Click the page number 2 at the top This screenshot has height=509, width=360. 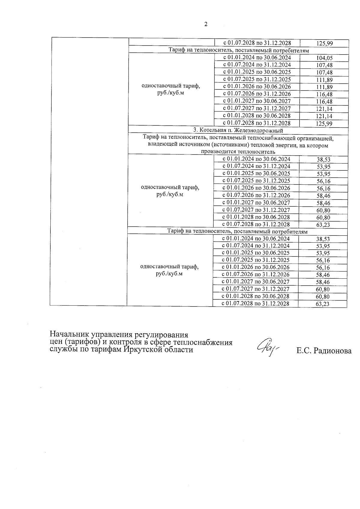pyautogui.click(x=205, y=25)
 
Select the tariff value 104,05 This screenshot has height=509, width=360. pyautogui.click(x=324, y=58)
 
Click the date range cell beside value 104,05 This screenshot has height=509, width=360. pyautogui.click(x=257, y=58)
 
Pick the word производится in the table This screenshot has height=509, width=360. pyautogui.click(x=217, y=152)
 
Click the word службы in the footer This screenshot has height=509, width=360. pyautogui.click(x=62, y=350)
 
